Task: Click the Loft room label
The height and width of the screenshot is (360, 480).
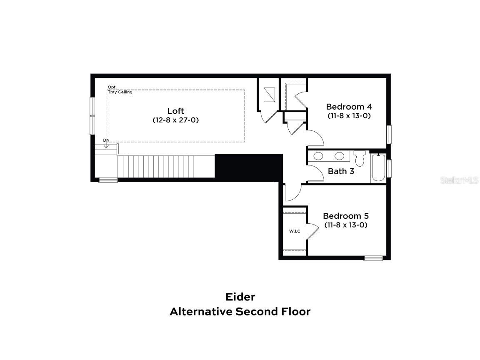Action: pyautogui.click(x=175, y=111)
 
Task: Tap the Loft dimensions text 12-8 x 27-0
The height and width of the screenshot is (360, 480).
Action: pyautogui.click(x=175, y=120)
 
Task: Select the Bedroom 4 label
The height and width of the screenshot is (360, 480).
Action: pyautogui.click(x=349, y=107)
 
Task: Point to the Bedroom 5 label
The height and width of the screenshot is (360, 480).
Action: pyautogui.click(x=346, y=216)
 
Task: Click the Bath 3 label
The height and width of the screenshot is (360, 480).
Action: pyautogui.click(x=341, y=171)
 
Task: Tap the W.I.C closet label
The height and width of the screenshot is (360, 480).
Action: pyautogui.click(x=295, y=231)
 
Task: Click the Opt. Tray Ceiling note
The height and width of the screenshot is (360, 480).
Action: pyautogui.click(x=120, y=90)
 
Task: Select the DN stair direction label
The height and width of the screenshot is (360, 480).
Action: pyautogui.click(x=106, y=140)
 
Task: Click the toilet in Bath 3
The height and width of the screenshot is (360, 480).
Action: pyautogui.click(x=359, y=158)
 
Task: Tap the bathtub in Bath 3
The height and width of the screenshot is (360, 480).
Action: pyautogui.click(x=378, y=167)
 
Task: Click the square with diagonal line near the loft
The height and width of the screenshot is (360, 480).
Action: pyautogui.click(x=270, y=94)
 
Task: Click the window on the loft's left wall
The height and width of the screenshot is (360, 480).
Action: pyautogui.click(x=92, y=115)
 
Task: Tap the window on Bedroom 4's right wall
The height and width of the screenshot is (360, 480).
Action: pyautogui.click(x=389, y=134)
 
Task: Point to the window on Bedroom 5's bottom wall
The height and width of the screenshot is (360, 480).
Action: pyautogui.click(x=373, y=258)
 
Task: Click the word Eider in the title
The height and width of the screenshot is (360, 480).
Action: pyautogui.click(x=240, y=297)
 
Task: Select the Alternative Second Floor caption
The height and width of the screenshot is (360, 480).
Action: pyautogui.click(x=240, y=311)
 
